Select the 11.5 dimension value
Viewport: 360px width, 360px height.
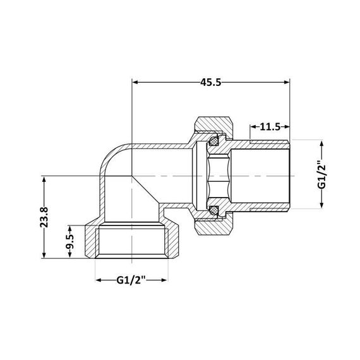[x=269, y=127]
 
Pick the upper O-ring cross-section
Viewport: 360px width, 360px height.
[x=215, y=137]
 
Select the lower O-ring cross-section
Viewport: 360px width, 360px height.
[x=215, y=208]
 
